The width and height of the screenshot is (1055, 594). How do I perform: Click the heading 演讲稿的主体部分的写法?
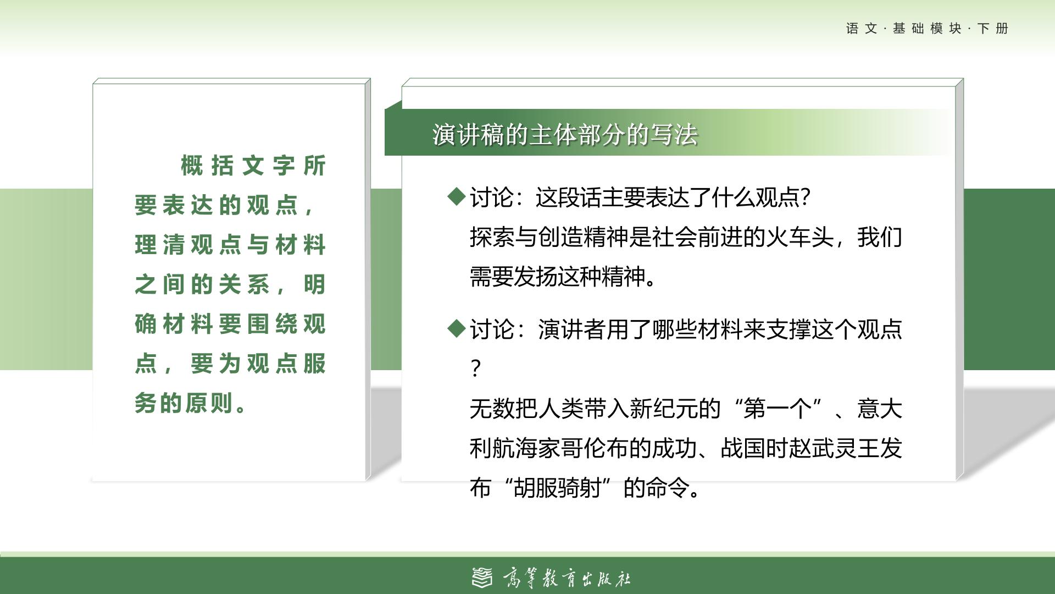(565, 134)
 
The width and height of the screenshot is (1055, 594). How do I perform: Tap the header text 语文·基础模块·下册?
(927, 29)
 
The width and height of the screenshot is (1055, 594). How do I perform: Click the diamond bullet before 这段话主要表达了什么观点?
(457, 196)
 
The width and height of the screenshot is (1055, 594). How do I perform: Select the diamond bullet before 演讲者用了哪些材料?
(457, 328)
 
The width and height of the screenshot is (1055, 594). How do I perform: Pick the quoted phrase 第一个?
(777, 408)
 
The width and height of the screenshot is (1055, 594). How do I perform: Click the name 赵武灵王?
(834, 448)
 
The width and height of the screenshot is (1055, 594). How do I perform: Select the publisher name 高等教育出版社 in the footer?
(567, 578)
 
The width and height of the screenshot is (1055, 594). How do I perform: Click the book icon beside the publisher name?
(482, 577)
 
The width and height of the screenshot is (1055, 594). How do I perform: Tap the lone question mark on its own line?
(476, 368)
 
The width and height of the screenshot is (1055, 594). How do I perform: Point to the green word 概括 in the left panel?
(207, 165)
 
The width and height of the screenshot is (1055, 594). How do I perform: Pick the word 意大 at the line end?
(879, 408)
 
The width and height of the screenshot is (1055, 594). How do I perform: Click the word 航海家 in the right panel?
(526, 448)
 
